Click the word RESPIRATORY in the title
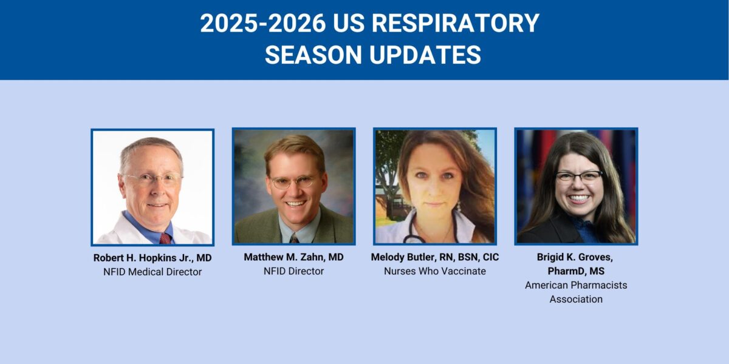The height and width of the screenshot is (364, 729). point(455,24)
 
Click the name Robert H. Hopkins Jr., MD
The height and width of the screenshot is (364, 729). point(152,258)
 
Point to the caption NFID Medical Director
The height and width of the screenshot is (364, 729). point(152,272)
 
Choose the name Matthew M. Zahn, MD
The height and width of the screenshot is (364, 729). point(293,257)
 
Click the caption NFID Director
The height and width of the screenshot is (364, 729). point(293,271)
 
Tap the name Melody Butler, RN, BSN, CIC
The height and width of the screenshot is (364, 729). point(435,257)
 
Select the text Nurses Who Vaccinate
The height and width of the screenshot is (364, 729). point(435,271)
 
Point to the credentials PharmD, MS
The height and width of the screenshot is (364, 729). point(576,271)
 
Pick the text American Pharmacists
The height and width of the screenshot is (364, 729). point(576,285)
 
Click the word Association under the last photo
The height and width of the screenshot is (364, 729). point(576,299)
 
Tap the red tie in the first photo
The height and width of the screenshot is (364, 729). point(165,237)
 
